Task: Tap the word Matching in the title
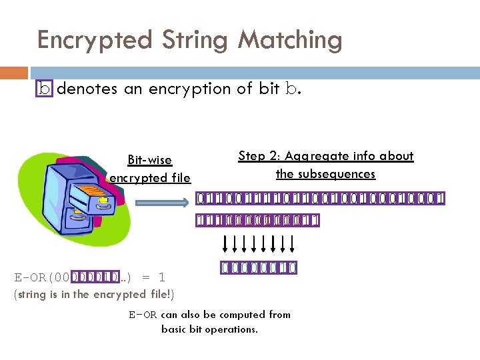290,40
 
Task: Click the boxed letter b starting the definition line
45,89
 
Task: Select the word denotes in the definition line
87,89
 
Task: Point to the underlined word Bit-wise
149,160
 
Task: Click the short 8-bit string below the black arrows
259,268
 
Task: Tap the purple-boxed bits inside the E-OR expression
95,277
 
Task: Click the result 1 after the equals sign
161,277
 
